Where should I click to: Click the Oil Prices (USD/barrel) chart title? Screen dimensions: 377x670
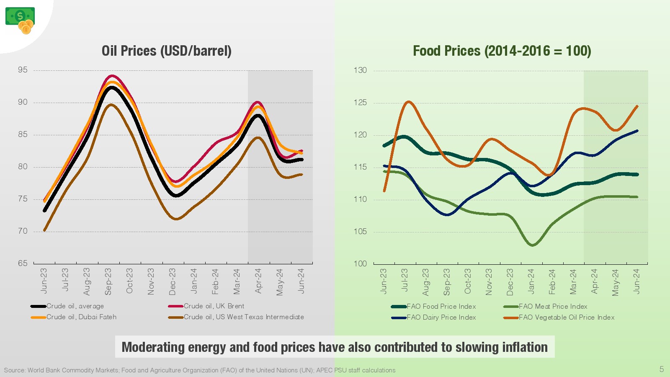(x=166, y=51)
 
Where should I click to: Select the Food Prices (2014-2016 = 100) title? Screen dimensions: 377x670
(x=502, y=51)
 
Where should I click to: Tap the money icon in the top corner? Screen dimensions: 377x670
(x=20, y=20)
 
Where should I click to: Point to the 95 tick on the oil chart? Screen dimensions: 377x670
(x=23, y=70)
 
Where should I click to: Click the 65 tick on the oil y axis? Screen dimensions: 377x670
(x=23, y=263)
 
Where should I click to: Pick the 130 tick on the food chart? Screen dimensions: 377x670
(x=360, y=70)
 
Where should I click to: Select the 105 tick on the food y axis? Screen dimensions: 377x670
(x=360, y=231)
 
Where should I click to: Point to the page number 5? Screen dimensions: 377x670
(x=662, y=369)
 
